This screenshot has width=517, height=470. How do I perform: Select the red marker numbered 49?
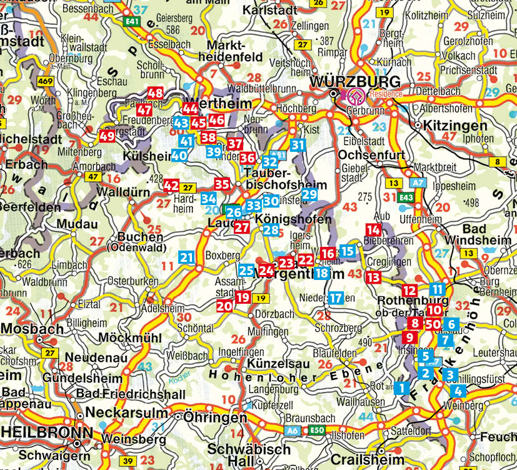tap(107, 136)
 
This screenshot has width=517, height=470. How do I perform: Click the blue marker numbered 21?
tap(186, 256)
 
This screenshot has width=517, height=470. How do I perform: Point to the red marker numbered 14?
tap(373, 229)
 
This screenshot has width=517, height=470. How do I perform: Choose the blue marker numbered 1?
tap(401, 388)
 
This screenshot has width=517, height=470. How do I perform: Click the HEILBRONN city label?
tap(41, 432)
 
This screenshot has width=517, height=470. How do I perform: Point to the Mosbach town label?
tap(33, 329)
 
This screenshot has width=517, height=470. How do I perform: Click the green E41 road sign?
tap(132, 21)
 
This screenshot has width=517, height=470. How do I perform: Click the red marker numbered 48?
tap(155, 94)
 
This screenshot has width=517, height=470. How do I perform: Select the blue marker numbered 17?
tap(336, 298)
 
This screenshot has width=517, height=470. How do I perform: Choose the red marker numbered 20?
tap(224, 306)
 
